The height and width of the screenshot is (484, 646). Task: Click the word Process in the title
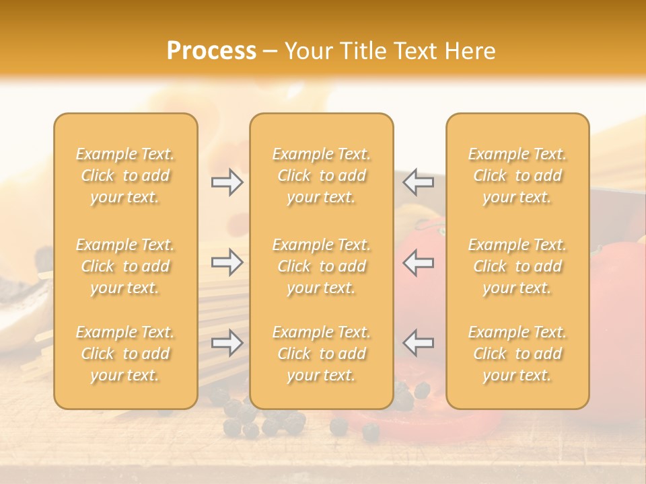211,51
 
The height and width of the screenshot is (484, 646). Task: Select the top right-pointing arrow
227,182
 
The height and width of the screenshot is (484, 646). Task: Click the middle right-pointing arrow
227,262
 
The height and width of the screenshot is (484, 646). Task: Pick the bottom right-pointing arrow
227,343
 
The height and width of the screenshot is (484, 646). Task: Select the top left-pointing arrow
419,182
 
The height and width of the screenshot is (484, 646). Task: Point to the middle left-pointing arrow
419,262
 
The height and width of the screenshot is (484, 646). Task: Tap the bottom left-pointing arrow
419,343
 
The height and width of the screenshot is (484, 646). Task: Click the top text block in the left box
125,175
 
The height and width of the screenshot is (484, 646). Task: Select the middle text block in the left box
125,266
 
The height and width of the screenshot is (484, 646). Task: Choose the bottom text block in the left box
125,354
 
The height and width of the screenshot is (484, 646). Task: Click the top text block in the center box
322,175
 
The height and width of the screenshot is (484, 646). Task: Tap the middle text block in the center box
322,266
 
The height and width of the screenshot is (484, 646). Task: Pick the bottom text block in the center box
322,354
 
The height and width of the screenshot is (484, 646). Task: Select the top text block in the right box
517,175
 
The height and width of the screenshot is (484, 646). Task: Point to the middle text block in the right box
517,266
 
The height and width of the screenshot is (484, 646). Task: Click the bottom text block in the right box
517,354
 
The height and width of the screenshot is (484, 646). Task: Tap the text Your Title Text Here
390,51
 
